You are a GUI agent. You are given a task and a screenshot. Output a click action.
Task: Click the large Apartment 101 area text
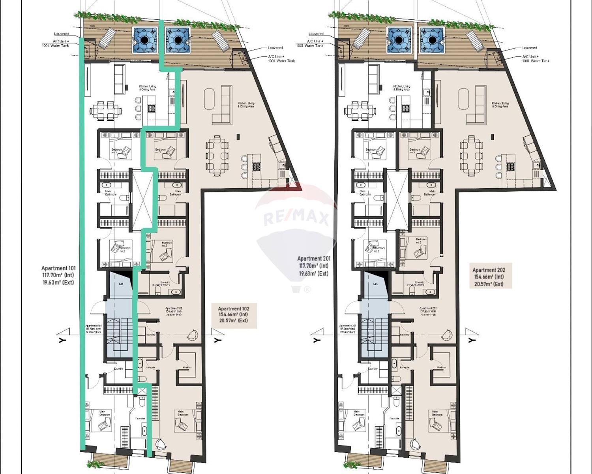coord(58,275)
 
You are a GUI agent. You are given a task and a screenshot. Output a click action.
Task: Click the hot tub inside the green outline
coord(144,40)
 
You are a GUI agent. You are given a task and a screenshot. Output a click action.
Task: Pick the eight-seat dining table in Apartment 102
coord(217,156)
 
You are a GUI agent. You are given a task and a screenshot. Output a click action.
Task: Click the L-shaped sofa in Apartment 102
coord(223,107)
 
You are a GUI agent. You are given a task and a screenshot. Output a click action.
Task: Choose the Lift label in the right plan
coord(375,284)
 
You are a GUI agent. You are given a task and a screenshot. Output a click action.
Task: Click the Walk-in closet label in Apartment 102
coord(187,367)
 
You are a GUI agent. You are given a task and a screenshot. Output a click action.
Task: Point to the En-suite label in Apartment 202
coord(420,282)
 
